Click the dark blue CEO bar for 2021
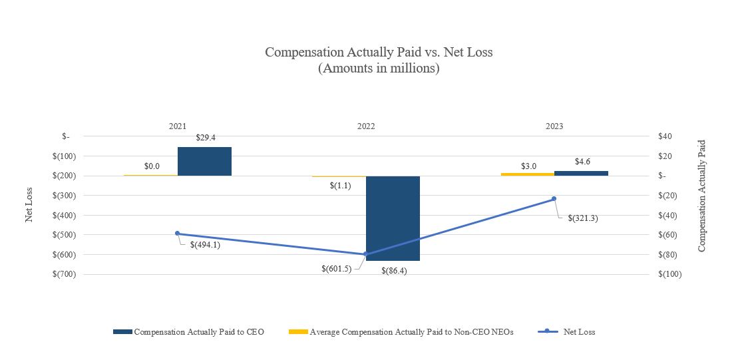(x=204, y=161)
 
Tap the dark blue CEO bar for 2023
(x=581, y=173)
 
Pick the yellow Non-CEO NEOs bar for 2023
(x=527, y=174)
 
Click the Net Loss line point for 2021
(x=177, y=234)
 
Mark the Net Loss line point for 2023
(x=554, y=199)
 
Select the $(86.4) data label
(x=394, y=271)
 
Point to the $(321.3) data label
(x=583, y=218)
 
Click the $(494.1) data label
(x=205, y=245)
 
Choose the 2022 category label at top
(x=365, y=126)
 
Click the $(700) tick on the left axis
(x=65, y=274)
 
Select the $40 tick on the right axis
(x=664, y=136)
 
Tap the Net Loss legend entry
(x=579, y=331)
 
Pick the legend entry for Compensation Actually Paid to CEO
(x=199, y=331)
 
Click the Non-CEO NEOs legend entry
(x=411, y=331)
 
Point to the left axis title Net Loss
(x=29, y=205)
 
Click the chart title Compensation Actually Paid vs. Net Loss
(x=379, y=52)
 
